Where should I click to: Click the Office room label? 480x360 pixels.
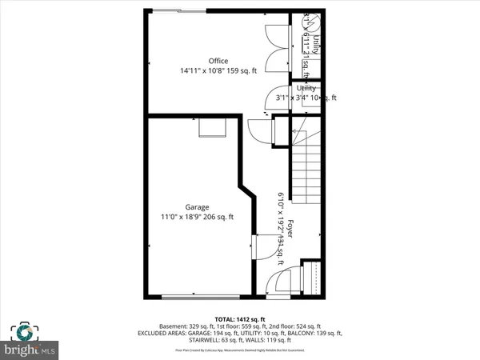tap(218, 61)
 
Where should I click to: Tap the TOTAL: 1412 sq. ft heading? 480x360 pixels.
tap(240, 318)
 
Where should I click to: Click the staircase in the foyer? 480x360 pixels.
tap(305, 185)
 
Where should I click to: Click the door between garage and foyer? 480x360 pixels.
tap(256, 244)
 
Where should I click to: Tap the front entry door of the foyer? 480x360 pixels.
tap(277, 285)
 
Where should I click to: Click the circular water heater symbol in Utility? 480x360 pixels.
tap(310, 23)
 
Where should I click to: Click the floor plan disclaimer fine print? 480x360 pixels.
tap(240, 350)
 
